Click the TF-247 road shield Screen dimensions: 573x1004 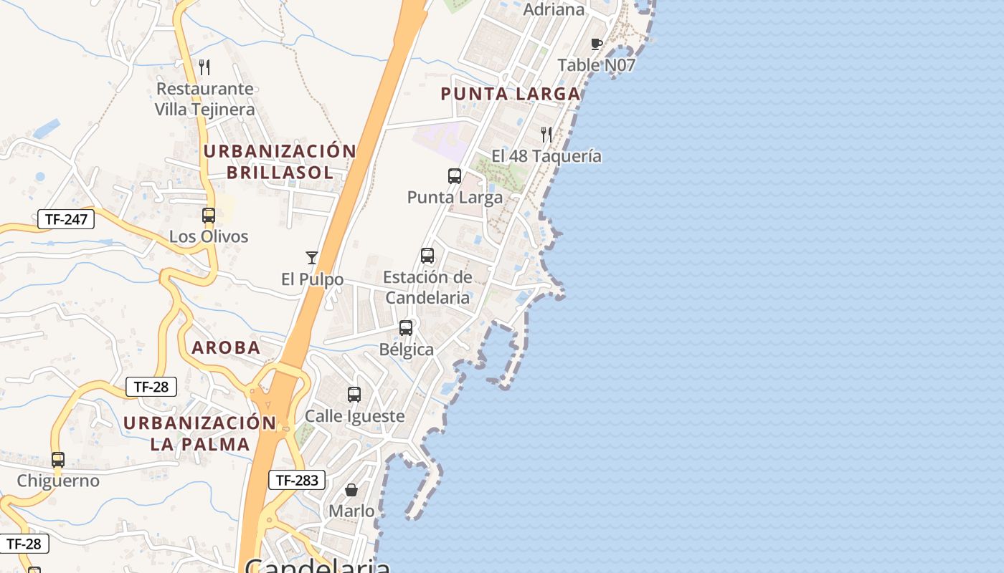pyautogui.click(x=66, y=219)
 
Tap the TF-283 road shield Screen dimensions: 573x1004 pyautogui.click(x=297, y=480)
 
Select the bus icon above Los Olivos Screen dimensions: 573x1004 pyautogui.click(x=209, y=216)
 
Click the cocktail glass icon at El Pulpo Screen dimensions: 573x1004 pyautogui.click(x=312, y=258)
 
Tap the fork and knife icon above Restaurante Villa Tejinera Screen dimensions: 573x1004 pyautogui.click(x=205, y=67)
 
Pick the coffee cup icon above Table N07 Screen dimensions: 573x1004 pyautogui.click(x=596, y=44)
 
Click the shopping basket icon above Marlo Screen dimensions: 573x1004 pyautogui.click(x=351, y=490)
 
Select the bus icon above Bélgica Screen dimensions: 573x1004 pyautogui.click(x=406, y=328)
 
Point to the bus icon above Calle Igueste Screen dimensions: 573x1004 pyautogui.click(x=354, y=395)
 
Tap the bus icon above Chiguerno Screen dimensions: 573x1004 pyautogui.click(x=58, y=460)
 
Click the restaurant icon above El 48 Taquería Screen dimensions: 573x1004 pyautogui.click(x=546, y=134)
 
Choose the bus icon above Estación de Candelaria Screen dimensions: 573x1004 pyautogui.click(x=427, y=256)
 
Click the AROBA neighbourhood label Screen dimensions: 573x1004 pyautogui.click(x=226, y=348)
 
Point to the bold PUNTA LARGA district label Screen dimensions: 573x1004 pyautogui.click(x=510, y=94)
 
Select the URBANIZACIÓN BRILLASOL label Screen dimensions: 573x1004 pyautogui.click(x=280, y=162)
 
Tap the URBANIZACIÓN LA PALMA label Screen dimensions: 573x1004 pyautogui.click(x=199, y=433)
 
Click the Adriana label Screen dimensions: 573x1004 pyautogui.click(x=554, y=10)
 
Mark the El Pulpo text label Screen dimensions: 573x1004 pyautogui.click(x=312, y=279)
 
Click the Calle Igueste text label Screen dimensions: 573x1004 pyautogui.click(x=354, y=416)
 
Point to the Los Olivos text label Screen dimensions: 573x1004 pyautogui.click(x=209, y=236)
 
